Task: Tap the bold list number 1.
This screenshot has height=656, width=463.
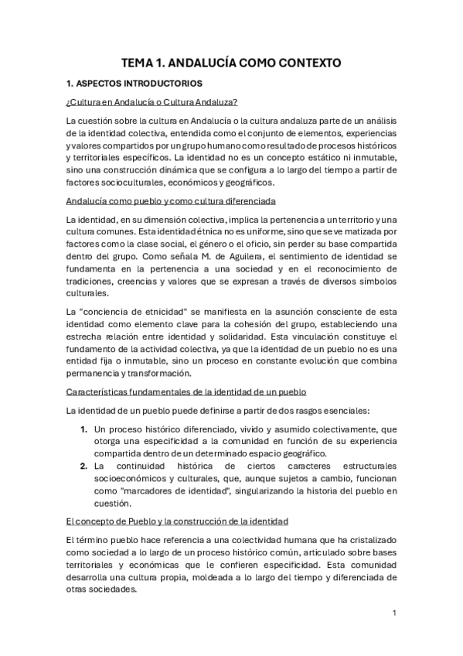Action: pos(83,428)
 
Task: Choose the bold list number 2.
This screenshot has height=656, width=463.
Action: pos(83,466)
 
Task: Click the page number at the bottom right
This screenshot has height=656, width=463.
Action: pos(394,613)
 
